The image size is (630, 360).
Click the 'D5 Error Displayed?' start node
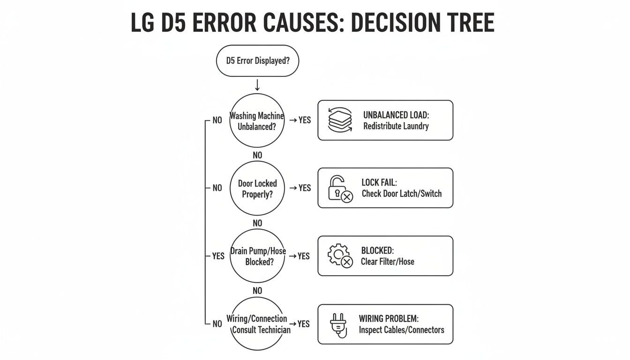point(257,60)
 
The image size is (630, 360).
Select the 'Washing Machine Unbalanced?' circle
point(257,120)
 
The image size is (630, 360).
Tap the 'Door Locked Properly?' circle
point(257,188)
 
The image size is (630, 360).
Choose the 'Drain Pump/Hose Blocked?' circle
point(257,256)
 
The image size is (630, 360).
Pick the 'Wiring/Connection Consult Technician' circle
point(257,323)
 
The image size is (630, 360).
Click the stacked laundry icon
point(340,120)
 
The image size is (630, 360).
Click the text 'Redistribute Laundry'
point(396,126)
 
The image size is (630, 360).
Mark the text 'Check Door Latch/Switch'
point(401,194)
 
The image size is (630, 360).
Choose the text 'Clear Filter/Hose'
point(387,262)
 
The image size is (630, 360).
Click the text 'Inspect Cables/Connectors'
point(401,330)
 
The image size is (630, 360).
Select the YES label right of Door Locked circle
point(305,188)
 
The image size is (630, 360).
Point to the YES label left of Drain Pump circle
point(218,256)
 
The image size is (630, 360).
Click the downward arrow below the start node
point(257,85)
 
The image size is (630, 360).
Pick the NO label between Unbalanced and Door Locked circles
point(257,155)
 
